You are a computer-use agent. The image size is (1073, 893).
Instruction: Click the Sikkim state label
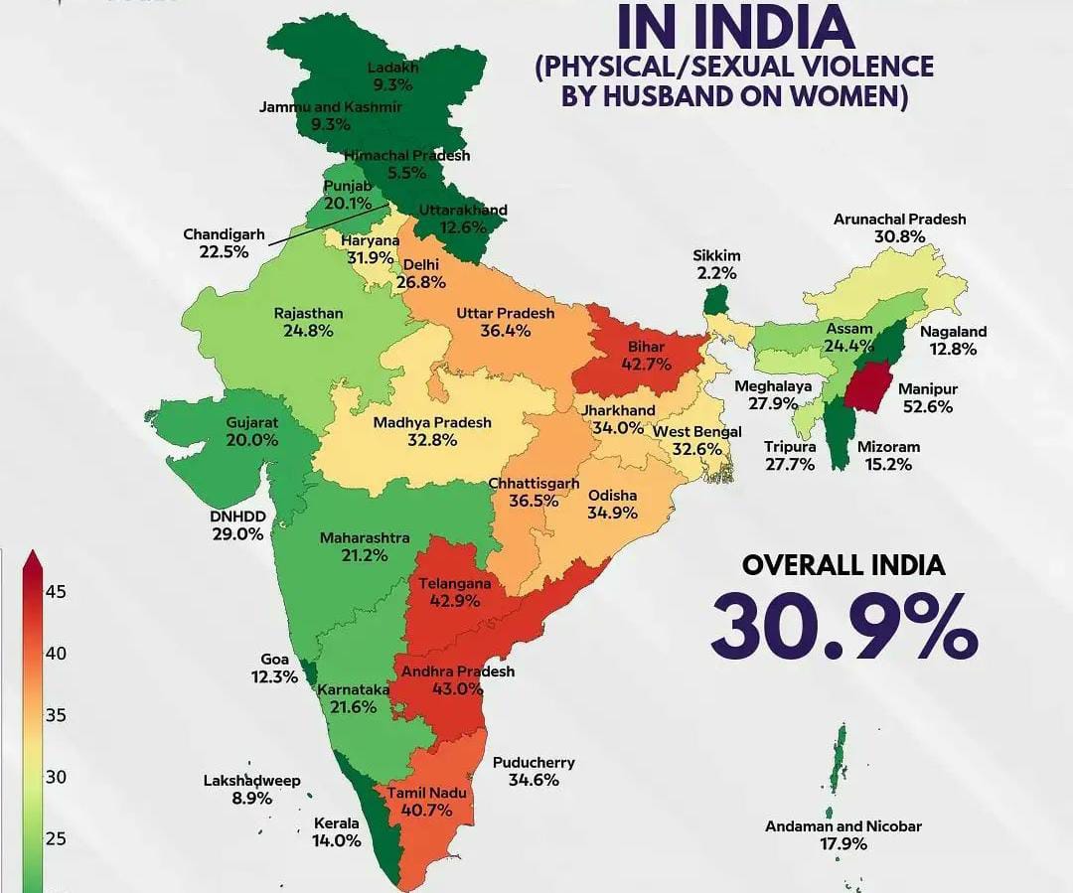coord(716,255)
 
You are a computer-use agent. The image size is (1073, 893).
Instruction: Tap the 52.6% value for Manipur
coord(927,407)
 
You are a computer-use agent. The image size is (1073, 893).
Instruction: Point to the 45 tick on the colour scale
coord(56,592)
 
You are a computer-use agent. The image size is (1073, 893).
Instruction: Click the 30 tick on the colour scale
coord(56,777)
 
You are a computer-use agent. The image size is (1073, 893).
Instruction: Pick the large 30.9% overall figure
coord(843,627)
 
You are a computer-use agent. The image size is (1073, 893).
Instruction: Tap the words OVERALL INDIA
coord(843,565)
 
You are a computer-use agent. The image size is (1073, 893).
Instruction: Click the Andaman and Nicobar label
coord(843,826)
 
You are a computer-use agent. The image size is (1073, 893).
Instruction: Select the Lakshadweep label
coord(251,781)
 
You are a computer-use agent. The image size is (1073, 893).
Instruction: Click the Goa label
coord(274,659)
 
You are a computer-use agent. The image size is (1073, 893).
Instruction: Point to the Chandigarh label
coord(224,234)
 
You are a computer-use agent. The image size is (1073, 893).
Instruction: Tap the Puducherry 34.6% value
coord(533,781)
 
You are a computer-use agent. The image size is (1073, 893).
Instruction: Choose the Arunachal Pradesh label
coord(899,220)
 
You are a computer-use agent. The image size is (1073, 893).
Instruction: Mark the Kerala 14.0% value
coord(337,840)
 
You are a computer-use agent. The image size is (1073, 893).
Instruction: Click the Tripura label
coord(790,447)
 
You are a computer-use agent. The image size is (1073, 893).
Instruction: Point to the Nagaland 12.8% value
coord(953,350)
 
